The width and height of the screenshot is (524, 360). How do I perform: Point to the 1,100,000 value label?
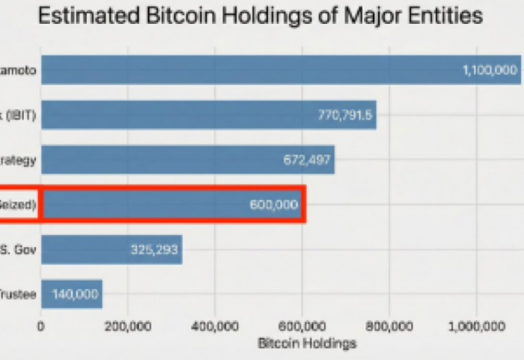pyautogui.click(x=490, y=70)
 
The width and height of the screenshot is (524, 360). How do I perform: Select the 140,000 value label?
pyautogui.click(x=75, y=294)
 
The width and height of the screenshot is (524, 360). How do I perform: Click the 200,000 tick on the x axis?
pyautogui.click(x=128, y=327)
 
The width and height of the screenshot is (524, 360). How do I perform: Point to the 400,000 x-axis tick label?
pyautogui.click(x=215, y=327)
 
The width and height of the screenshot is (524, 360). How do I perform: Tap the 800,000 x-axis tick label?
pyautogui.click(x=389, y=327)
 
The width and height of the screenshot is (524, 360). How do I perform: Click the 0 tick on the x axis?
pyautogui.click(x=41, y=327)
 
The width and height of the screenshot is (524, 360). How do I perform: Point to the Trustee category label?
pyautogui.click(x=17, y=294)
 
